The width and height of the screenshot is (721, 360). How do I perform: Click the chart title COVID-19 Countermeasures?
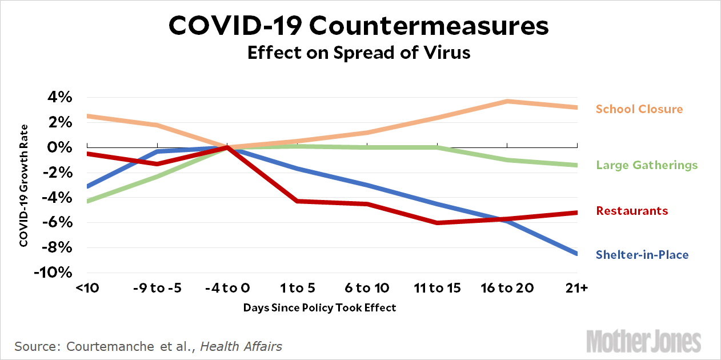coord(360,27)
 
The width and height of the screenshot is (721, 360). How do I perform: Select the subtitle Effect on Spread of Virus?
coord(360,53)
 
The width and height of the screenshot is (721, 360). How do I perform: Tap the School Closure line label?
coord(639,109)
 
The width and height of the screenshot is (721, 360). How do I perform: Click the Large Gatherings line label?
coord(647,166)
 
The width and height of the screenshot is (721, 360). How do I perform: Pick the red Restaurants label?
coord(632,211)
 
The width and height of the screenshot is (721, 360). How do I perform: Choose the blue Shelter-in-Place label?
coord(642,255)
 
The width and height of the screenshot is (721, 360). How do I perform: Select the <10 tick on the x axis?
coord(87,288)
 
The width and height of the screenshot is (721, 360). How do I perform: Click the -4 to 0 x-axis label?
coord(227,288)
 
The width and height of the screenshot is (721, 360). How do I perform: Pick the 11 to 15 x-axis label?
coord(437,288)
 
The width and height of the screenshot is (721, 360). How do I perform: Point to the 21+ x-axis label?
coord(576,288)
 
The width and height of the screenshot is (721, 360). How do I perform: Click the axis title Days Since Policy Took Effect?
coord(319,307)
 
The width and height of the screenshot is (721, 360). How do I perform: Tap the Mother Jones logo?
coord(643,342)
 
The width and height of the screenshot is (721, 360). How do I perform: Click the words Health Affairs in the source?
coord(241,346)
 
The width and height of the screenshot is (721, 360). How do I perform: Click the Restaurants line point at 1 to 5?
coord(297,201)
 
